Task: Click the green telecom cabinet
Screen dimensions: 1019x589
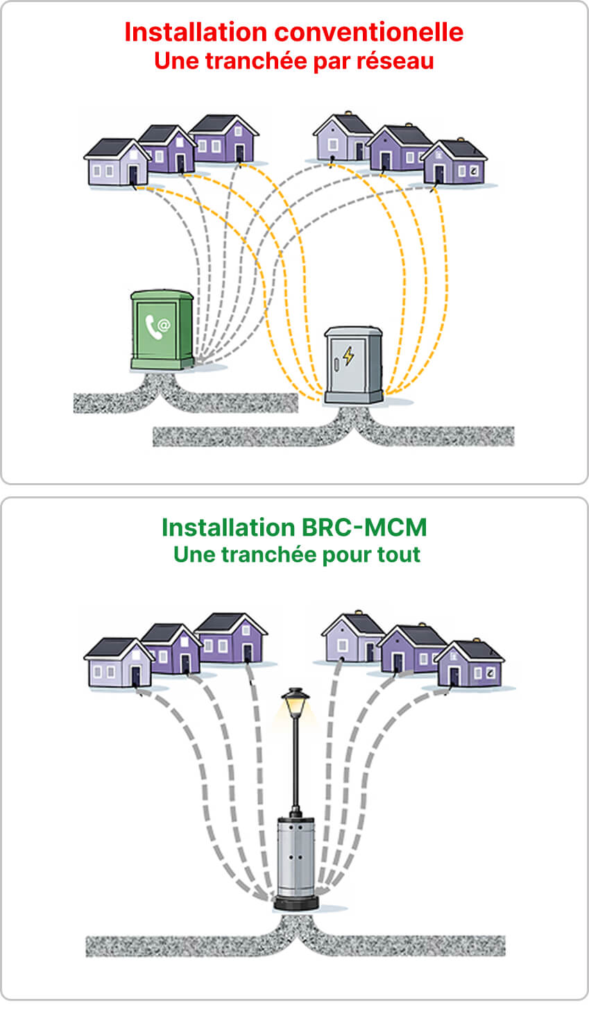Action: coord(162,330)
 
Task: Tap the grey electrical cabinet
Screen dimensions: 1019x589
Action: coord(354,364)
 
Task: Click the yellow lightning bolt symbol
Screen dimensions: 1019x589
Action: coord(348,356)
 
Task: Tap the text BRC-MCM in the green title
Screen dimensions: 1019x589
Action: coord(364,528)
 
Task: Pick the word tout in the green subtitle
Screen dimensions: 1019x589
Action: coord(398,555)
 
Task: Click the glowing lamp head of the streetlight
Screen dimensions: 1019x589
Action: coord(296,705)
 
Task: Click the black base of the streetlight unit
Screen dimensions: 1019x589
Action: coord(296,902)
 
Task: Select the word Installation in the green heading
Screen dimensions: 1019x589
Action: coord(228,528)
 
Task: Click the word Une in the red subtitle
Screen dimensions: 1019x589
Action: coord(173,61)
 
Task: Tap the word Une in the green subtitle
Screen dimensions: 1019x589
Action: coord(193,555)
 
